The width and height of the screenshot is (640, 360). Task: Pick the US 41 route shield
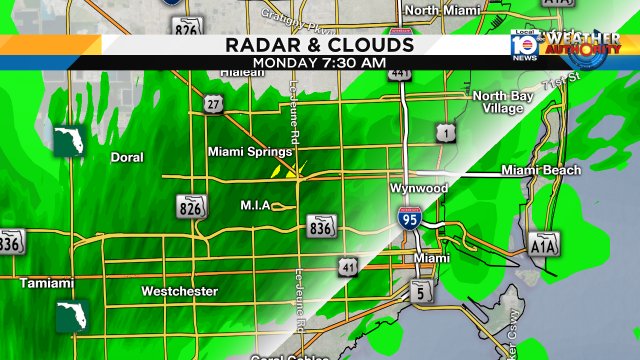(x=348, y=266)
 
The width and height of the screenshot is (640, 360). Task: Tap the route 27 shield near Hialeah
(x=212, y=105)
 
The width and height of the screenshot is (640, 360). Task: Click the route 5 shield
(x=420, y=291)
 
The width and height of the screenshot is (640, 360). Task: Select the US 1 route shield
(x=442, y=132)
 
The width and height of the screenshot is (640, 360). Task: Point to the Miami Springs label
(x=249, y=152)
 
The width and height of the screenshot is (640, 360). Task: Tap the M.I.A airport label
(x=256, y=206)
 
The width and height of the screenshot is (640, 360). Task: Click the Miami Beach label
(x=541, y=170)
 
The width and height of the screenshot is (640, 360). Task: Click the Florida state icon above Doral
(x=69, y=140)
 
